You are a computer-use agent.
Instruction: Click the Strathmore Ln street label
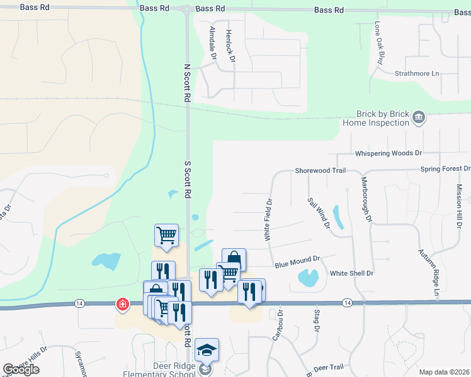(x=417, y=74)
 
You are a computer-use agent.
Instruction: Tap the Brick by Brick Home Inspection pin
(x=418, y=117)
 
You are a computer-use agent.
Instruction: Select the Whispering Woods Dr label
(x=389, y=153)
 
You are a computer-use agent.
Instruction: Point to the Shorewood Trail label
(x=321, y=171)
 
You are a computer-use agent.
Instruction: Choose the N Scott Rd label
(x=186, y=82)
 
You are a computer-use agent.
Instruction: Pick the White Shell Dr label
(x=352, y=273)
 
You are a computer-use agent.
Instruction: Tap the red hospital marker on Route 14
(x=121, y=305)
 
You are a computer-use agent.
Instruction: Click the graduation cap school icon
(x=207, y=350)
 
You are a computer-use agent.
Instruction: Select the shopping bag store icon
(x=234, y=258)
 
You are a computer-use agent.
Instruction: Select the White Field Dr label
(x=269, y=221)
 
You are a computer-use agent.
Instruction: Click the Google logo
(x=21, y=369)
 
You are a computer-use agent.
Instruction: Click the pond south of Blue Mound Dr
(x=308, y=276)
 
